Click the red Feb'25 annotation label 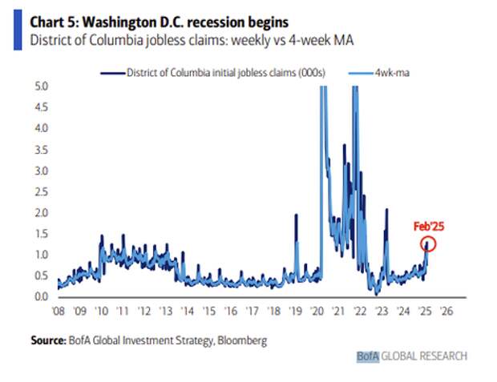coord(429,226)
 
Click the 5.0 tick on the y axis coord(42,86)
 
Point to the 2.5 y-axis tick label coord(42,191)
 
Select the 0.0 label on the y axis coord(42,297)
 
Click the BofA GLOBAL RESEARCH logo coord(412,356)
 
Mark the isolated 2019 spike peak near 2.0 coord(297,215)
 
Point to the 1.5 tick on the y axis coord(42,234)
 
